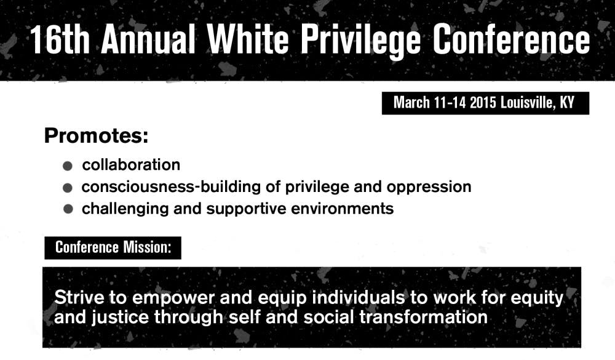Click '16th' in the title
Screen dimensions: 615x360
coord(60,39)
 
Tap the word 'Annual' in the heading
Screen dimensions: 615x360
coord(148,39)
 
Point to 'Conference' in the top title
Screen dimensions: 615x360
coord(511,39)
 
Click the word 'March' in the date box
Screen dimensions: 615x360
coord(411,103)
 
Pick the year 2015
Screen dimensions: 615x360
coord(483,103)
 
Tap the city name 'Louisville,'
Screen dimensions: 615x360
coord(528,103)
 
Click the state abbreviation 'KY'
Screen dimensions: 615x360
coord(567,103)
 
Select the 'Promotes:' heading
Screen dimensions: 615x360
coord(97,136)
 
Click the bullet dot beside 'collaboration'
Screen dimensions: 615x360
coord(68,166)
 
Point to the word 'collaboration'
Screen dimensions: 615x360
coord(131,165)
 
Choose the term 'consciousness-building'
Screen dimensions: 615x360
coord(171,187)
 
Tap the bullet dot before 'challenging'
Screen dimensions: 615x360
coord(68,209)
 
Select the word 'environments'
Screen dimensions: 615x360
coord(342,209)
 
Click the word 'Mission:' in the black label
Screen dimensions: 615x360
coord(147,247)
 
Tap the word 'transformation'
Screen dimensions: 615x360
coord(423,317)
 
